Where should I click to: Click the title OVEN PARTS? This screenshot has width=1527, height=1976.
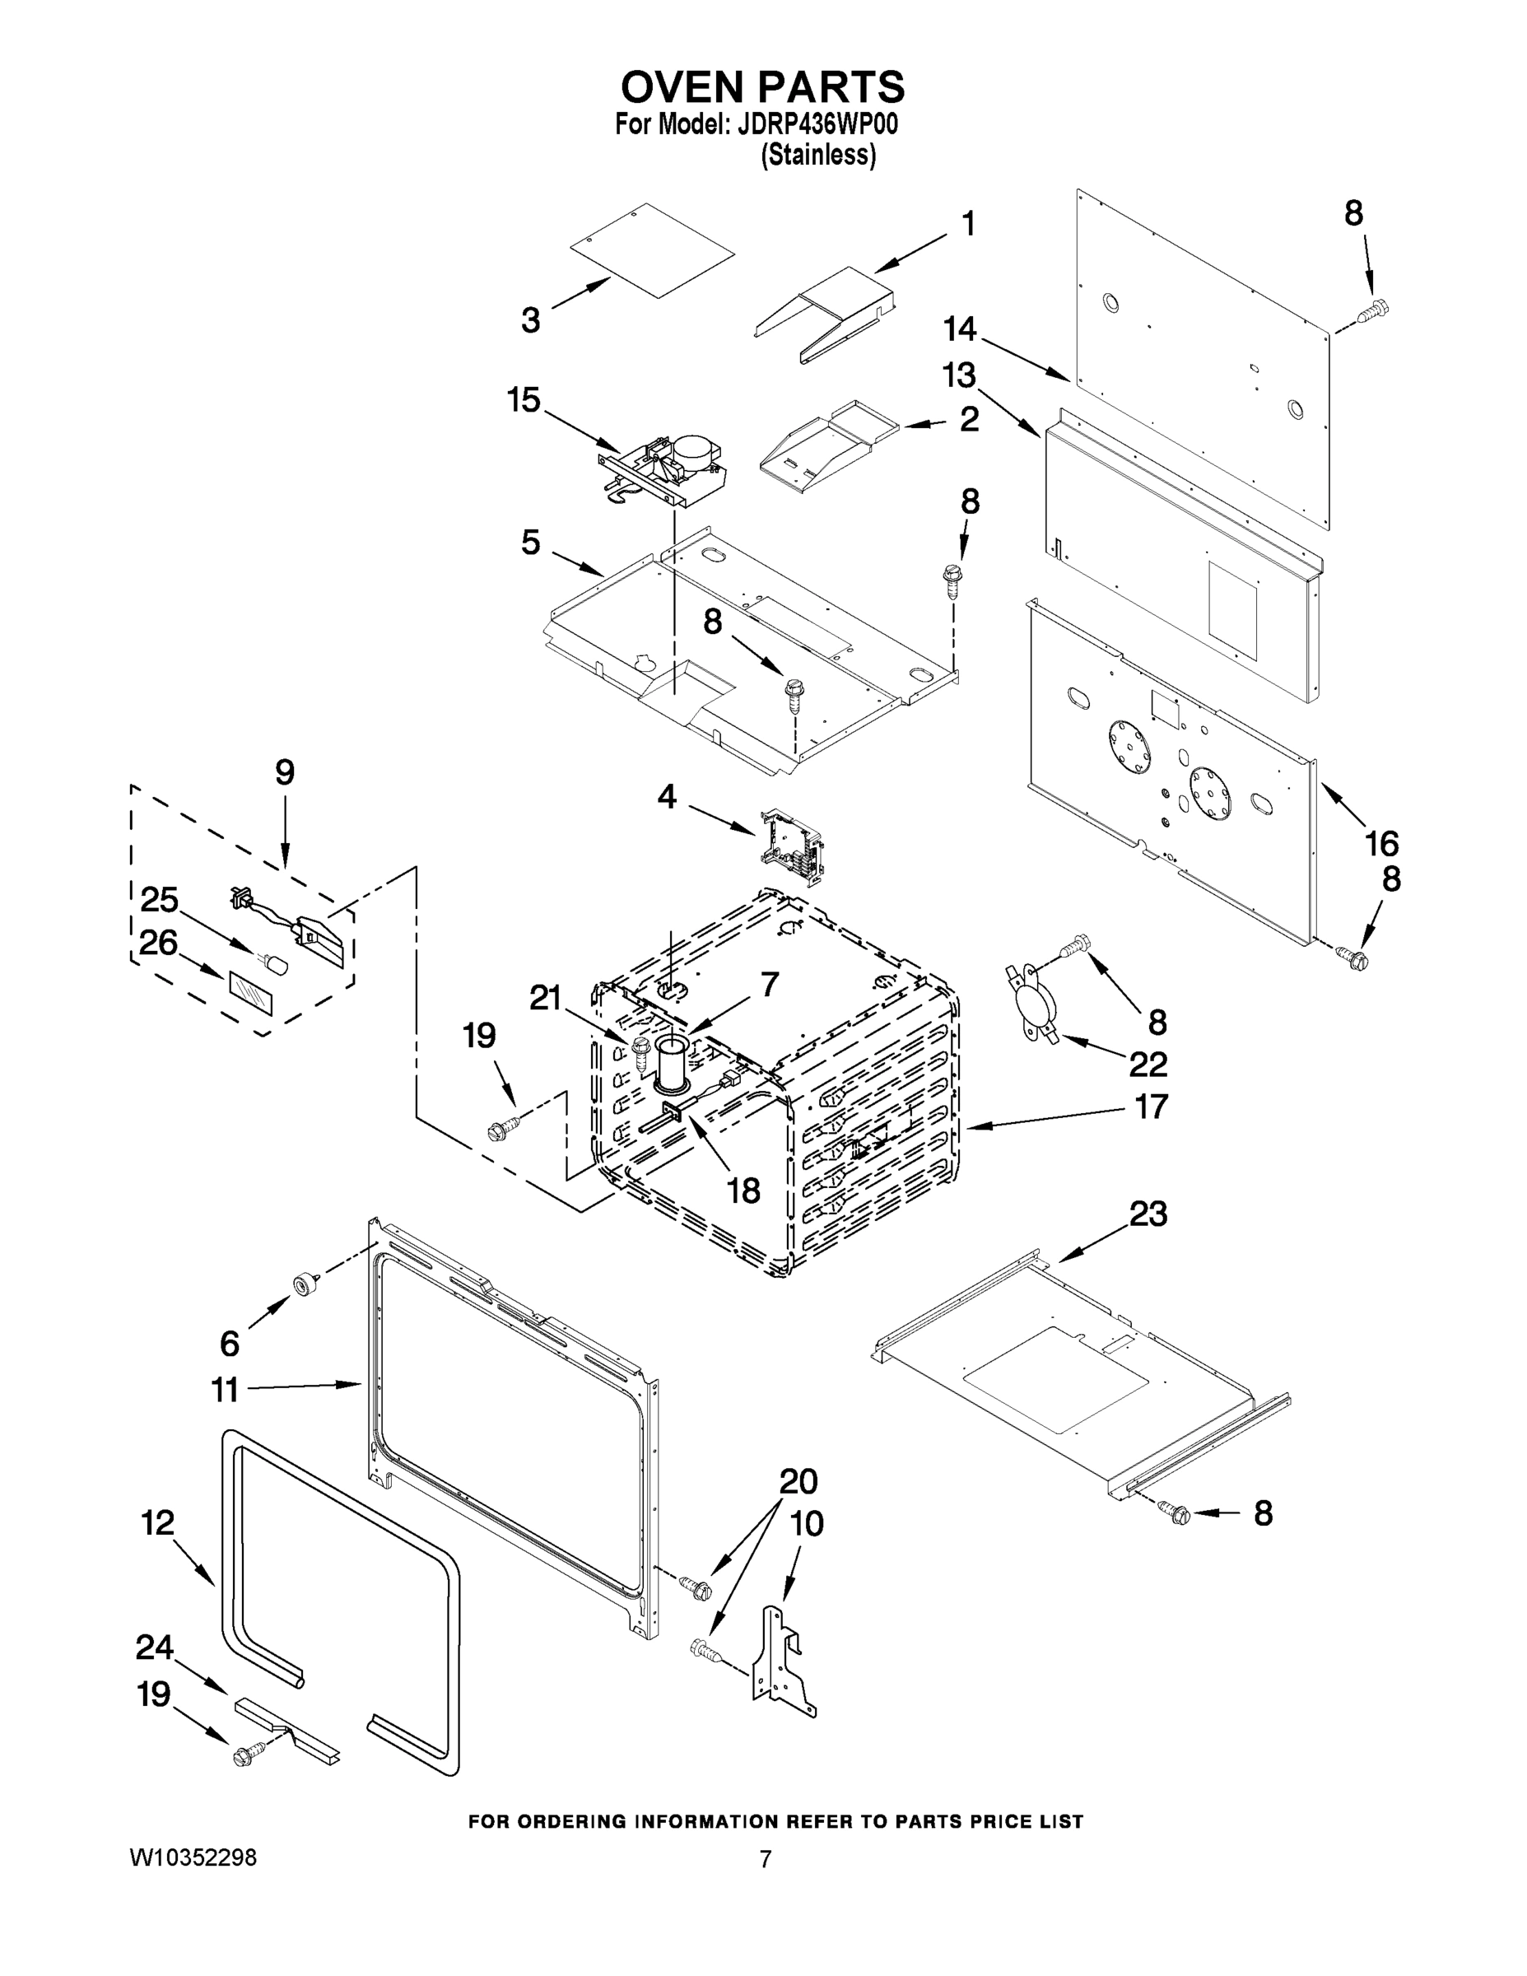tap(761, 88)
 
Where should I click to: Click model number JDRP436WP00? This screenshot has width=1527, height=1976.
tap(817, 125)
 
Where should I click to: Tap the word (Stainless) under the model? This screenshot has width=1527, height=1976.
tap(817, 156)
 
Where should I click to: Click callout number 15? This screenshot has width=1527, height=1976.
tap(524, 399)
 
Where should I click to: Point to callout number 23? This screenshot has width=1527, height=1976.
tap(1148, 1214)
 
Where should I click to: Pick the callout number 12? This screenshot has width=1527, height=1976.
tap(157, 1522)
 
